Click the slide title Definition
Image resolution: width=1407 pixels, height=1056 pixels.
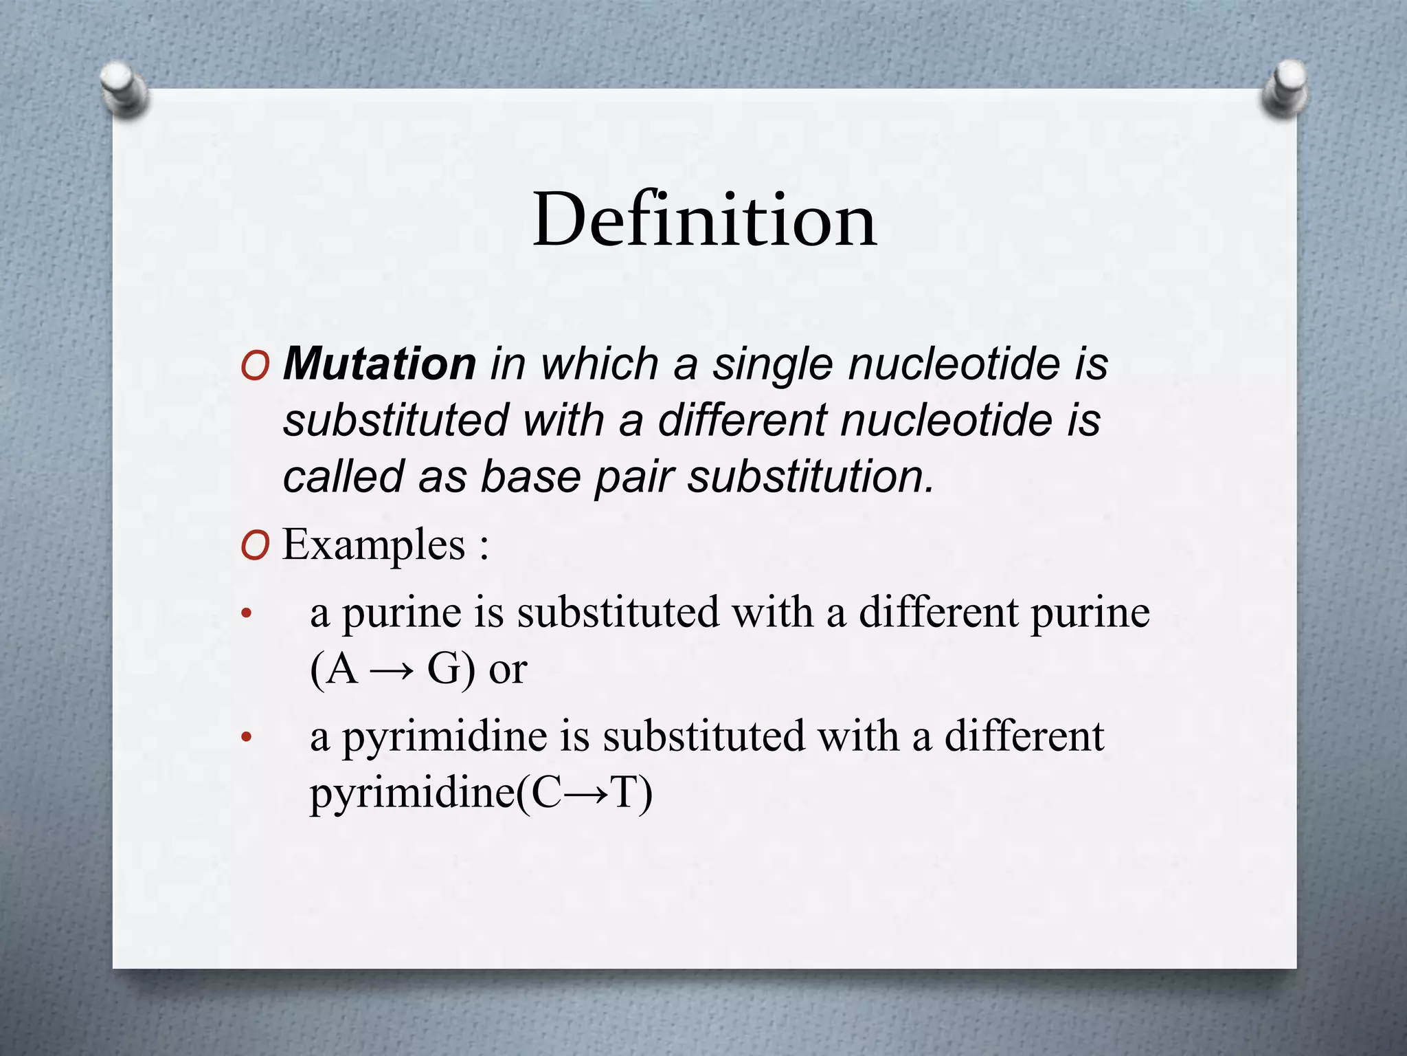click(x=704, y=220)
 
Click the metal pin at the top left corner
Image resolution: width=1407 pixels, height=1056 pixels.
click(x=123, y=89)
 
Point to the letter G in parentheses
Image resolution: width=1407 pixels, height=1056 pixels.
click(x=444, y=668)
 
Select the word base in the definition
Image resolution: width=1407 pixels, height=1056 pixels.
click(x=530, y=476)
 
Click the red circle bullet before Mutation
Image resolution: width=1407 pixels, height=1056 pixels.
click(x=255, y=366)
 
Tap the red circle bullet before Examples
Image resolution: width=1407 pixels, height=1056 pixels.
click(x=255, y=547)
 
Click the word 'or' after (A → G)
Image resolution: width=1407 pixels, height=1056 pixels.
click(x=508, y=670)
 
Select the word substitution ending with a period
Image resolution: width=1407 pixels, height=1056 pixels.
click(x=811, y=476)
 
